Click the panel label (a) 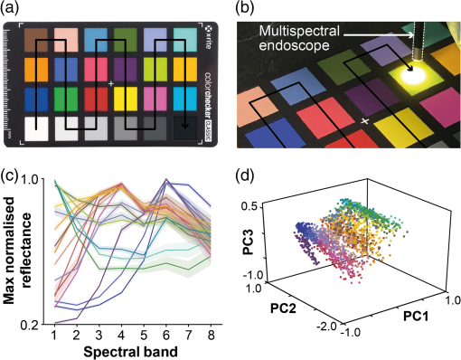(9, 9)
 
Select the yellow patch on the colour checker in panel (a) (126, 99)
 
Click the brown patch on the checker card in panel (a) (36, 40)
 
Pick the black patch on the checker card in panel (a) (185, 128)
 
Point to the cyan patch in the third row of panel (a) (185, 99)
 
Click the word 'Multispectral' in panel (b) (299, 31)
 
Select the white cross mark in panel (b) (365, 121)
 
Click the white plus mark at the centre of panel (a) (111, 83)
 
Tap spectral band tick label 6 (166, 336)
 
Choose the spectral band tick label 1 (55, 336)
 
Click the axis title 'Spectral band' (130, 352)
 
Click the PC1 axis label (416, 316)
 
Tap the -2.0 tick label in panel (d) (329, 327)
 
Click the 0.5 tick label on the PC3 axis (249, 207)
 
